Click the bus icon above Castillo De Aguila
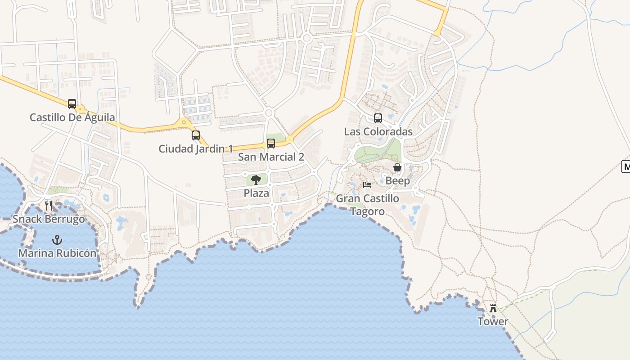(x=72, y=104)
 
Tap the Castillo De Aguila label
(x=72, y=117)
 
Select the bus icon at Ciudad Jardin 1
(x=196, y=135)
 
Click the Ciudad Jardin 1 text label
(x=196, y=148)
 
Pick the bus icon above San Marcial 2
(x=271, y=144)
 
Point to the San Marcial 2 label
(x=271, y=157)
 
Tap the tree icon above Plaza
(x=256, y=180)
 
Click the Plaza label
(x=256, y=193)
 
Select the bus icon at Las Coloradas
(x=378, y=118)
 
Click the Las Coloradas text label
(x=378, y=132)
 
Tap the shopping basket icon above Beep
(x=397, y=168)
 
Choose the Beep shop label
(x=397, y=181)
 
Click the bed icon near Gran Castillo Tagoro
(x=367, y=184)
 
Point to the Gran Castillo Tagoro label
(x=367, y=205)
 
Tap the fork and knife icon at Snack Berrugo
(x=49, y=206)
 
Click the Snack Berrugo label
(x=49, y=219)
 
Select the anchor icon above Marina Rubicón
(x=57, y=239)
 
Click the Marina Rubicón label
(x=57, y=253)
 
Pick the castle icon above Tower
(x=493, y=308)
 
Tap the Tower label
(x=493, y=321)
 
